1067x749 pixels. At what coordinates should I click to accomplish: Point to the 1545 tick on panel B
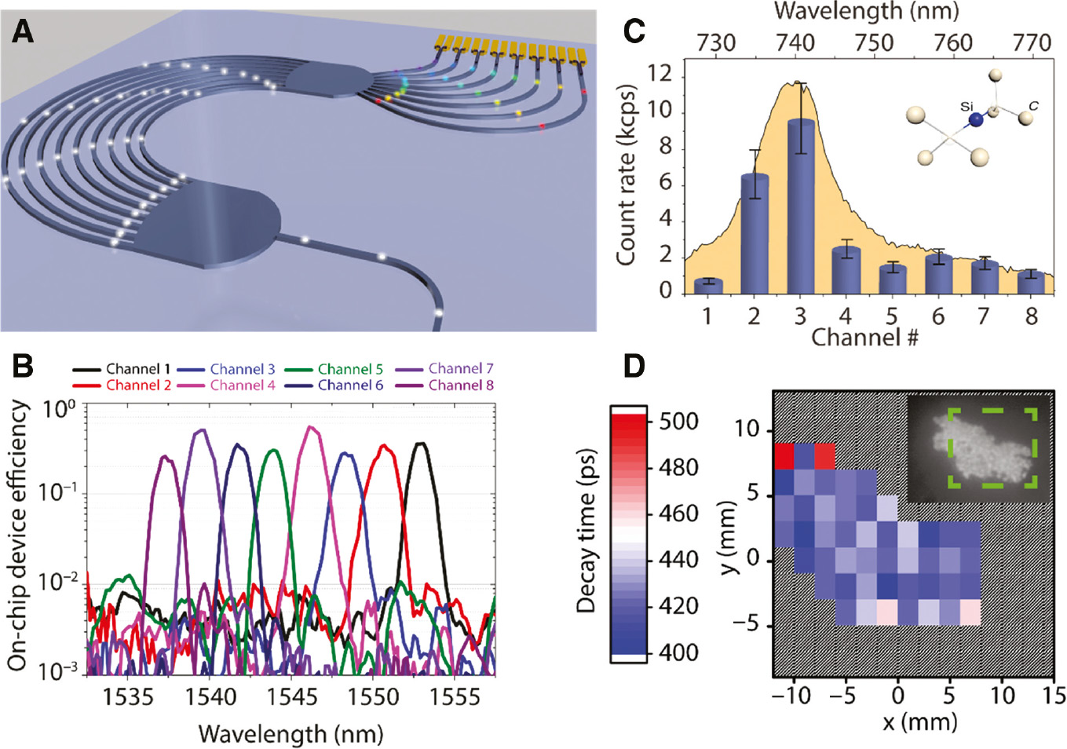click(x=292, y=697)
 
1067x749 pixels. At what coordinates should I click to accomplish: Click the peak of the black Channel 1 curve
click(x=422, y=444)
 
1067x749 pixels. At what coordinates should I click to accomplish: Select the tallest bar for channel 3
click(x=801, y=206)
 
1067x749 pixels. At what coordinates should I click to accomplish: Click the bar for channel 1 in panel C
click(x=708, y=286)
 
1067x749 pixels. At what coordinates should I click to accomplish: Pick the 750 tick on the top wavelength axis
click(x=874, y=43)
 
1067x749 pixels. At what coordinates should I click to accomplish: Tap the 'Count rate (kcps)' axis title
click(x=626, y=174)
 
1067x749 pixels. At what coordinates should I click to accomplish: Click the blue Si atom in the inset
click(x=975, y=119)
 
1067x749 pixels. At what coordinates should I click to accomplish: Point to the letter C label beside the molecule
click(x=1033, y=105)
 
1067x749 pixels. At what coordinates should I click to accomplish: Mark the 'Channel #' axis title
click(x=864, y=338)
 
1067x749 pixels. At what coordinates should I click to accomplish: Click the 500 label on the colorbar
click(x=678, y=422)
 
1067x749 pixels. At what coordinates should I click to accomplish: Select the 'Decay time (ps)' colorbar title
click(x=586, y=531)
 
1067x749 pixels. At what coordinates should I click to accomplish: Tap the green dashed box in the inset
click(x=992, y=448)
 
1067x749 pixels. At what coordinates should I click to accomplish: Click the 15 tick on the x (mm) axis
click(x=1054, y=696)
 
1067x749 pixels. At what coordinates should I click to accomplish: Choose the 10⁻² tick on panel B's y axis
click(x=58, y=583)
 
